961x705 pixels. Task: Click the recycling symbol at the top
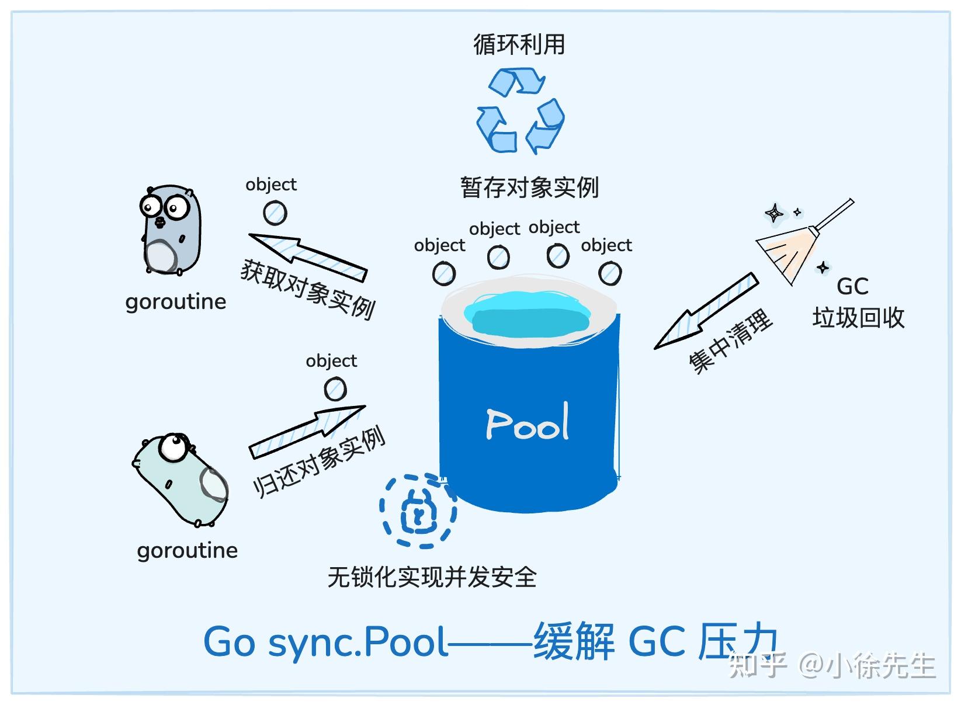click(x=519, y=111)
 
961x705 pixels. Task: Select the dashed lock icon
click(x=418, y=511)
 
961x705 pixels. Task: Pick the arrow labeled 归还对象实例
click(x=307, y=430)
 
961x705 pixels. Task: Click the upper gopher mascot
click(x=169, y=230)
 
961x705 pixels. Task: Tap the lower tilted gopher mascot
click(x=180, y=479)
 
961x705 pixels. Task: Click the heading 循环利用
click(x=519, y=45)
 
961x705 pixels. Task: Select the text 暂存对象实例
click(x=529, y=187)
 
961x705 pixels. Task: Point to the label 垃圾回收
click(x=858, y=318)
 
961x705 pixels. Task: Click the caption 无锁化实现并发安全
click(x=432, y=577)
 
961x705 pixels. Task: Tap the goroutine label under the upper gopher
click(x=175, y=302)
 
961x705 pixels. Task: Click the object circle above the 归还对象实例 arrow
click(x=335, y=389)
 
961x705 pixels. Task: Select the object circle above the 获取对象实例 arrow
click(x=275, y=213)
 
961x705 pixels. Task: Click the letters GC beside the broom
click(x=852, y=286)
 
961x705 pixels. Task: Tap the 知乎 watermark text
click(x=757, y=665)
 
